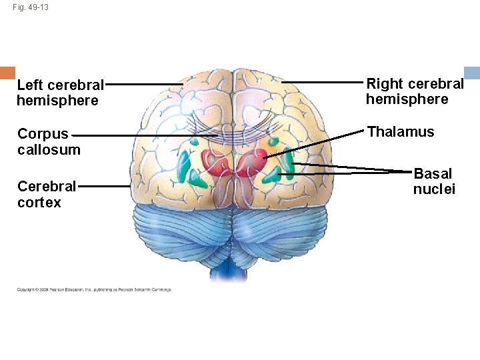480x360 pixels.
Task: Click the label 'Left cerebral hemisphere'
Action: (x=60, y=93)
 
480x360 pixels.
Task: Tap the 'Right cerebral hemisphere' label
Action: (x=415, y=91)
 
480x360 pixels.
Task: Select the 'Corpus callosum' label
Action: (x=49, y=141)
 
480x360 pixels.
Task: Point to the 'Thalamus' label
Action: (x=401, y=131)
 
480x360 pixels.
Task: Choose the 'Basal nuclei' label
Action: (x=433, y=181)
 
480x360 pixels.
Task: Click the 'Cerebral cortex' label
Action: (x=47, y=193)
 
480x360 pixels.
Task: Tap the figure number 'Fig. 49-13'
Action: (x=31, y=7)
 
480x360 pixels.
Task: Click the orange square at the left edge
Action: (x=7, y=73)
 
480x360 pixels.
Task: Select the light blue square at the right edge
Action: (x=472, y=73)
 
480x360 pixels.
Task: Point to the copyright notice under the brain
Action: (x=94, y=289)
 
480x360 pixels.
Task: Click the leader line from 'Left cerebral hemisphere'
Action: (x=143, y=85)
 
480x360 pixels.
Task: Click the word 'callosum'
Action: (x=49, y=149)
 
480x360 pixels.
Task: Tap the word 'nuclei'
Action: (x=434, y=189)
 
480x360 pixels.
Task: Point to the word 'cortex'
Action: (x=39, y=202)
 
